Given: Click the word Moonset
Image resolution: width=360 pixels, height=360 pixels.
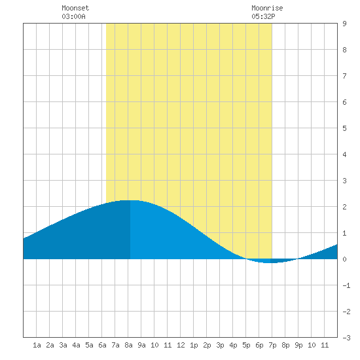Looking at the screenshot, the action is pyautogui.click(x=75, y=9).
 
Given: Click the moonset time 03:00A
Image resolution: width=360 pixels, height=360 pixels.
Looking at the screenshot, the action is pyautogui.click(x=73, y=16).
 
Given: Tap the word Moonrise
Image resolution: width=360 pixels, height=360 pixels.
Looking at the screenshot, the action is pyautogui.click(x=267, y=9).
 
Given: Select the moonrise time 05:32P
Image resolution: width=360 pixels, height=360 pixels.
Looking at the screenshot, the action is pyautogui.click(x=263, y=16).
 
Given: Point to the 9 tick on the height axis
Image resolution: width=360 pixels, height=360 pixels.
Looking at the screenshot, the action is pyautogui.click(x=344, y=24).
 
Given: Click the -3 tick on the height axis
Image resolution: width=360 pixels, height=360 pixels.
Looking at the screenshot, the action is pyautogui.click(x=346, y=338).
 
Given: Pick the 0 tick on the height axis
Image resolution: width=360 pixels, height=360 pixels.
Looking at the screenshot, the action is pyautogui.click(x=344, y=259).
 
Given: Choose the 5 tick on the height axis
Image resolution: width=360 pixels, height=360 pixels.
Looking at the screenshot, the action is pyautogui.click(x=344, y=128).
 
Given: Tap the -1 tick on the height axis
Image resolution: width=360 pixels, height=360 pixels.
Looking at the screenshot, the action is pyautogui.click(x=346, y=285).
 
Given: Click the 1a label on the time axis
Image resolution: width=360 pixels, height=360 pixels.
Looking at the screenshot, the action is pyautogui.click(x=37, y=345).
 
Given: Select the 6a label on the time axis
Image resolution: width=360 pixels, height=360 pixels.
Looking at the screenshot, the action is pyautogui.click(x=102, y=345).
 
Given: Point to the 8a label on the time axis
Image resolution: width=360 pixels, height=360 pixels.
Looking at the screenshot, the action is pyautogui.click(x=128, y=345).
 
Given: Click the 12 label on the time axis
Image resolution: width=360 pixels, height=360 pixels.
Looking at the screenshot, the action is pyautogui.click(x=181, y=345).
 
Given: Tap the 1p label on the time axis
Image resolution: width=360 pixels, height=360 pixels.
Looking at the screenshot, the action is pyautogui.click(x=194, y=345).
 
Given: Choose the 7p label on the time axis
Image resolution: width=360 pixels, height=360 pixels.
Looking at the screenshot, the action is pyautogui.click(x=272, y=345).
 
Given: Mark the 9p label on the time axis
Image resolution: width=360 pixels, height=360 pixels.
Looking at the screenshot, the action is pyautogui.click(x=298, y=345).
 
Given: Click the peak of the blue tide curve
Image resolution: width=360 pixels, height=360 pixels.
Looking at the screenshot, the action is pyautogui.click(x=130, y=200).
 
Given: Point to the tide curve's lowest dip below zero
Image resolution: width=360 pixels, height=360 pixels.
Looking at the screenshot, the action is pyautogui.click(x=270, y=262).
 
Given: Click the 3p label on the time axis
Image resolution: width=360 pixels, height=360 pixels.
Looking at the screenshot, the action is pyautogui.click(x=220, y=345).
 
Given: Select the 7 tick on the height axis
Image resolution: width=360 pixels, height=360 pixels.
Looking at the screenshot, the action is pyautogui.click(x=344, y=76).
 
